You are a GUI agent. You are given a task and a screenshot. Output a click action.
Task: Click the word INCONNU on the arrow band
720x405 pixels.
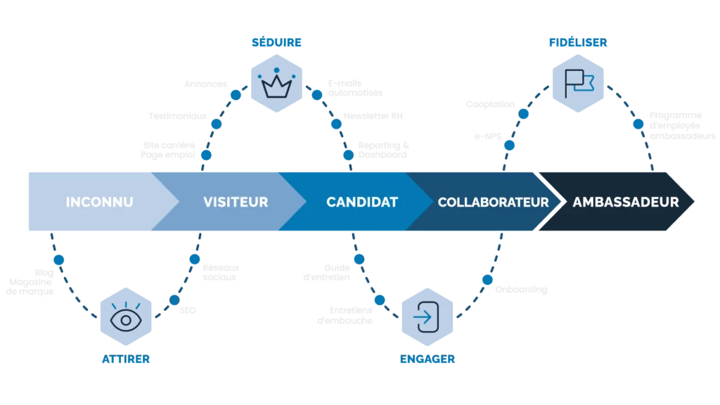(99, 202)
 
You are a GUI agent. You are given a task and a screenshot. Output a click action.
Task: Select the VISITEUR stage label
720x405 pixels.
(236, 202)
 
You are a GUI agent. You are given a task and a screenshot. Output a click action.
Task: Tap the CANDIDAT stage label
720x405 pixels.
(362, 202)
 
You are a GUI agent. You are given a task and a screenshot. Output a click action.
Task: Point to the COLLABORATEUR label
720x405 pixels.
(493, 202)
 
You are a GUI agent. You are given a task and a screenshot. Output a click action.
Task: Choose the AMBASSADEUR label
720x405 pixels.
(626, 202)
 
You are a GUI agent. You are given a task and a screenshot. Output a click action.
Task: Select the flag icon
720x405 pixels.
(579, 84)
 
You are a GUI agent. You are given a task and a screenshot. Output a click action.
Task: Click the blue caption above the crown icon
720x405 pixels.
(276, 44)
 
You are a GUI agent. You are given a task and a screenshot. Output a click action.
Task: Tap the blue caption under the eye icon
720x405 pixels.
(125, 361)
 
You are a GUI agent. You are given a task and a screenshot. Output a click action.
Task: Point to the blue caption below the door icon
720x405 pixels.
(427, 360)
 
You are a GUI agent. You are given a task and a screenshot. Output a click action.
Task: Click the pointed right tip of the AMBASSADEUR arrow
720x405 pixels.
(695, 202)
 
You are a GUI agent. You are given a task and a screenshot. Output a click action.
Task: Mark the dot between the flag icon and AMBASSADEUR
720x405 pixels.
(638, 124)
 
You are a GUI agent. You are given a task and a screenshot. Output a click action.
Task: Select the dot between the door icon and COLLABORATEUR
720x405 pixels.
(486, 280)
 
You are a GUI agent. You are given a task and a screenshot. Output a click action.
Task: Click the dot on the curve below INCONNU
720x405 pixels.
(59, 260)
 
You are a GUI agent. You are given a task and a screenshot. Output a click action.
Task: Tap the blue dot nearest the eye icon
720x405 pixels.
(174, 301)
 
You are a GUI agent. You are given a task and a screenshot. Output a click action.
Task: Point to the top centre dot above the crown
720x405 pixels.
(276, 70)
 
